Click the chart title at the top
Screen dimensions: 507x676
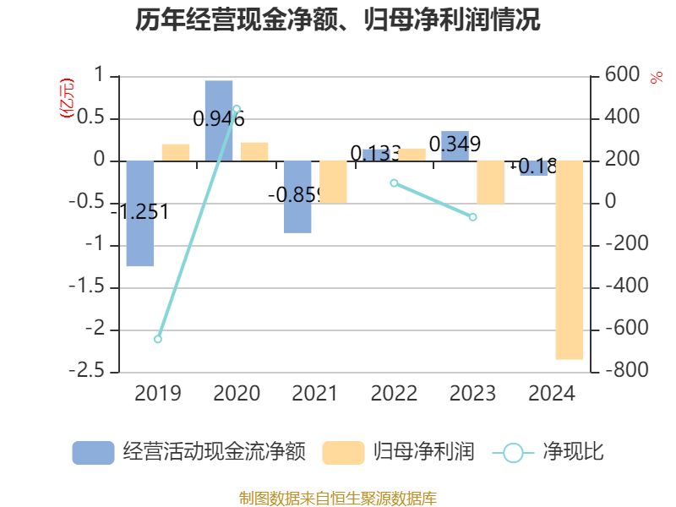point(338,20)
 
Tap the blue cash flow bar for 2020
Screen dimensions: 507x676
point(219,120)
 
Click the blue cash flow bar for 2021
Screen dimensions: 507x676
point(297,196)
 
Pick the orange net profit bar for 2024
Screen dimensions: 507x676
point(569,259)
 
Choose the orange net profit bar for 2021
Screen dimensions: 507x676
point(333,182)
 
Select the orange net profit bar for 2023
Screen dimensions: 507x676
point(490,182)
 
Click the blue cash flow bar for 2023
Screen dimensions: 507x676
point(455,145)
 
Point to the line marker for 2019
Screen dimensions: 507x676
point(158,339)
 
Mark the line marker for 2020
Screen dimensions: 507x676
point(237,108)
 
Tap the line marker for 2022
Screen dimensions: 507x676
point(394,183)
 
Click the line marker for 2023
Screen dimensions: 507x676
point(472,217)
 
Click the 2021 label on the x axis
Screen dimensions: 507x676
point(315,393)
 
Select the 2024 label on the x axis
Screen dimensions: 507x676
point(551,393)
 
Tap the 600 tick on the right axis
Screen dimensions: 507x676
point(622,75)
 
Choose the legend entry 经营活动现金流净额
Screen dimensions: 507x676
point(188,452)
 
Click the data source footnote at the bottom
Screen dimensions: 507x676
point(338,498)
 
